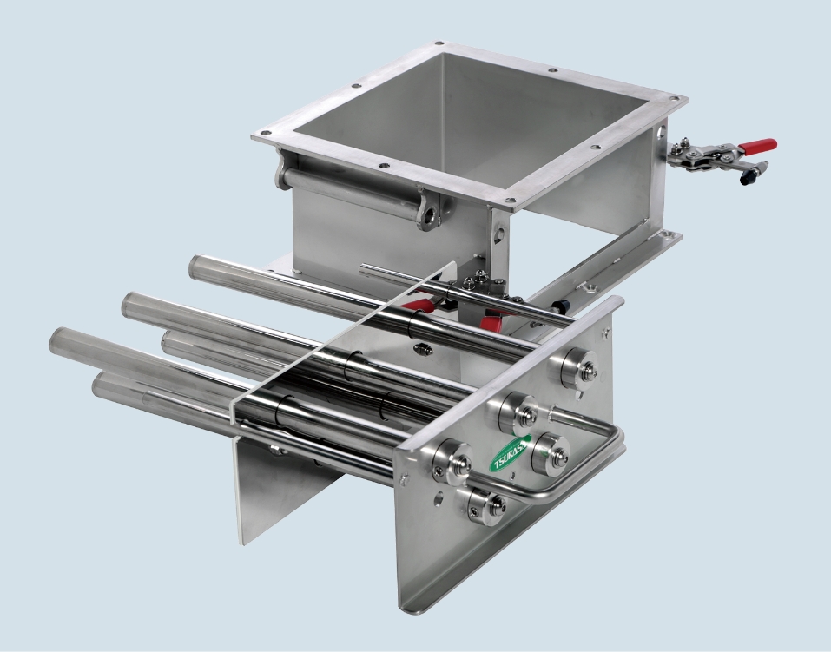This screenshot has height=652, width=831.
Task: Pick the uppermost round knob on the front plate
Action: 579,367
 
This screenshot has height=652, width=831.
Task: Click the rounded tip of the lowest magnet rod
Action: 99,385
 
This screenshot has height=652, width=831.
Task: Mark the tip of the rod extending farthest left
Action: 56,339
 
